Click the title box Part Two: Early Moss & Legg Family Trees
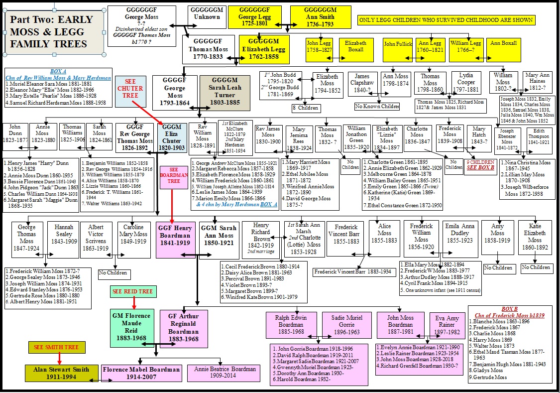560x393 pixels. pos(55,32)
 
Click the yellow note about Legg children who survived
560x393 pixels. pos(446,20)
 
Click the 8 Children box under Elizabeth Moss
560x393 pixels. pos(306,108)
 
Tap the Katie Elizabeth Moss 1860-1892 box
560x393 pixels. pos(535,239)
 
